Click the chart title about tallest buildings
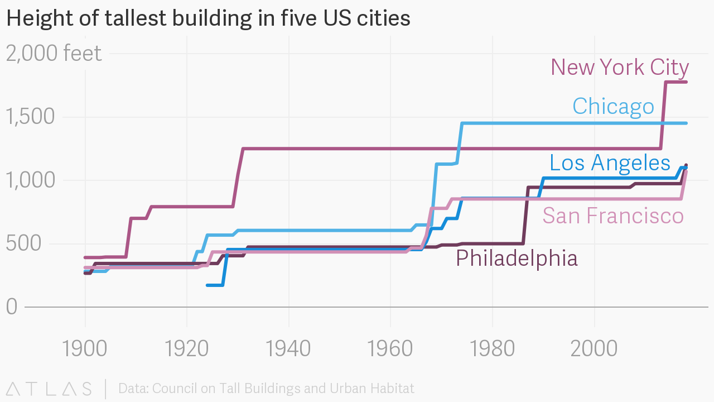tap(208, 18)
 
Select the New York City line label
tap(620, 68)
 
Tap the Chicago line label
tap(613, 106)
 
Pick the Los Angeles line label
tap(610, 162)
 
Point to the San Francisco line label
tap(613, 216)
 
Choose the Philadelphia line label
tap(517, 259)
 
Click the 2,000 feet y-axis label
tap(54, 54)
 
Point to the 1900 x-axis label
tap(85, 348)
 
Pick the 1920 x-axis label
tap(187, 348)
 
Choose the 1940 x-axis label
tap(288, 348)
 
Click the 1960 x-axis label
tap(390, 348)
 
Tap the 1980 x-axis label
tap(493, 348)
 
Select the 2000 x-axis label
tap(594, 348)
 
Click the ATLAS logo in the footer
tap(49, 389)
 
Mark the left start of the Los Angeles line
tap(208, 285)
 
